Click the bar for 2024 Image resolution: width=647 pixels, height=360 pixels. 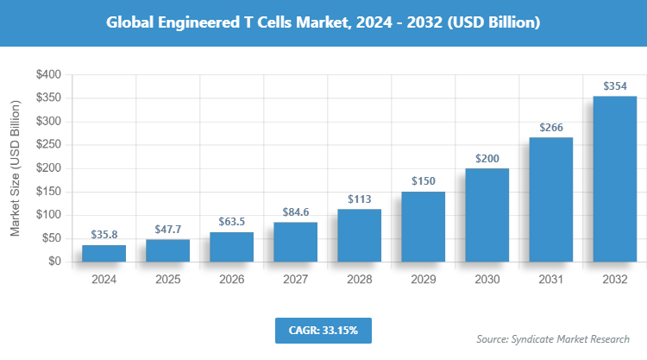click(x=104, y=253)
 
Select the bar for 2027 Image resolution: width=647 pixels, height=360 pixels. click(x=295, y=242)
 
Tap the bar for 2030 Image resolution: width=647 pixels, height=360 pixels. click(x=487, y=215)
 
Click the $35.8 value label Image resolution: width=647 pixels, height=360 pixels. click(x=104, y=234)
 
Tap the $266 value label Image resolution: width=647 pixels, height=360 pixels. click(x=550, y=127)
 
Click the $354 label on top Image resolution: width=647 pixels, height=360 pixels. click(x=614, y=85)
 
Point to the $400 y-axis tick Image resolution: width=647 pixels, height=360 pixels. click(x=47, y=75)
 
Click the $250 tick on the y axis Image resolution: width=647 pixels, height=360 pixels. click(x=47, y=145)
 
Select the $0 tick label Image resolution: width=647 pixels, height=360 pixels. click(x=53, y=262)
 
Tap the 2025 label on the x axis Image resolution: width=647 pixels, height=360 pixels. click(x=167, y=280)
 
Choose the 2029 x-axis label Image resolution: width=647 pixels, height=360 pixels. click(x=423, y=280)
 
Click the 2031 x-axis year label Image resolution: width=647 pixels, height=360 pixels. click(x=550, y=280)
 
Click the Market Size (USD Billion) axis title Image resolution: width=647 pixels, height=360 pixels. click(x=15, y=168)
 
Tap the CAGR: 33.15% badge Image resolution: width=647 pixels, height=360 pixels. click(x=323, y=330)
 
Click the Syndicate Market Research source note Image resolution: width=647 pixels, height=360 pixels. click(x=552, y=338)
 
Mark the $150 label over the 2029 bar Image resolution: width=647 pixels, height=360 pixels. click(x=423, y=180)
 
